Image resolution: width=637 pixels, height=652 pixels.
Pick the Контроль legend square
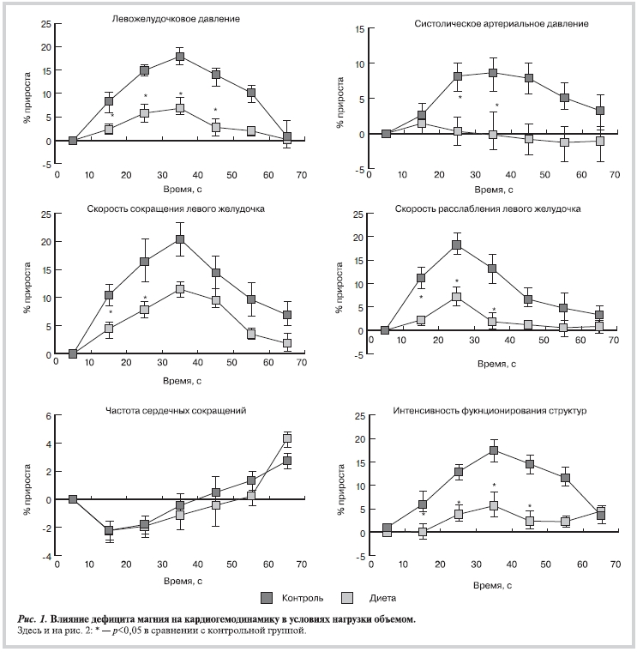tap(267, 596)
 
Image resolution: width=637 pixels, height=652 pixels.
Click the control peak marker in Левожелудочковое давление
tap(180, 57)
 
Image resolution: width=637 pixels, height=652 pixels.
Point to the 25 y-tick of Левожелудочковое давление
tap(45, 23)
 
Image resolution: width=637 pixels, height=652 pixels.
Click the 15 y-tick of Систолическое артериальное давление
tap(360, 29)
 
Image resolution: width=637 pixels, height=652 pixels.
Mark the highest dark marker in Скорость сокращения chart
tap(180, 239)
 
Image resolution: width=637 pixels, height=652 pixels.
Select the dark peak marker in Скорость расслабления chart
tap(457, 245)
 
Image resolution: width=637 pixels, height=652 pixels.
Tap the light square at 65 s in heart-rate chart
tap(287, 438)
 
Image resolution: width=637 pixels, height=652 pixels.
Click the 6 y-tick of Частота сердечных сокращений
tap(47, 416)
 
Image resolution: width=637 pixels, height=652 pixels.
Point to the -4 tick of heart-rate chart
tap(45, 556)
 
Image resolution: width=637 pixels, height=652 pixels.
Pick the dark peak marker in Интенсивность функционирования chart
tap(494, 450)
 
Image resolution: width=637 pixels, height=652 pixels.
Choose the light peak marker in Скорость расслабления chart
tap(457, 298)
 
